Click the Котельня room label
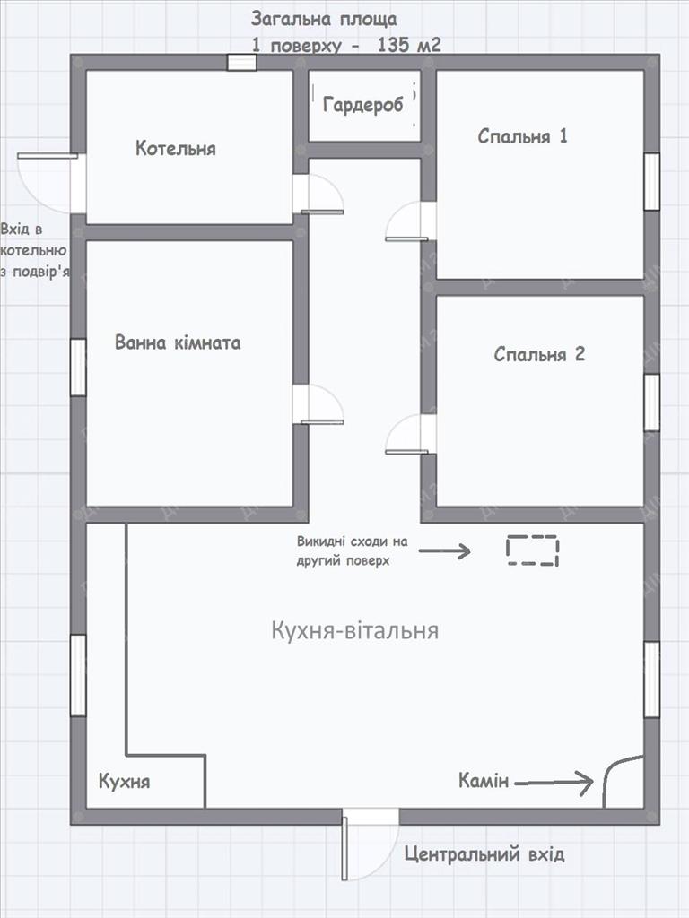[176, 148]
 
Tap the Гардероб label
[363, 105]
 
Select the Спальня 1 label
[523, 136]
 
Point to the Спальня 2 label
[539, 354]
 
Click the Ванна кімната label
[178, 342]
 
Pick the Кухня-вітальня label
[355, 630]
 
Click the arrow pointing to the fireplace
[554, 783]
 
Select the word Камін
[484, 781]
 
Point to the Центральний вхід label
[484, 854]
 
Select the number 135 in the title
[396, 45]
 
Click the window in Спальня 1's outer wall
[651, 181]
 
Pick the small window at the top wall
[242, 63]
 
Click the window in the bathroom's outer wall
[79, 367]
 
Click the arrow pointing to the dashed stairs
[445, 550]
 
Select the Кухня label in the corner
[124, 782]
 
